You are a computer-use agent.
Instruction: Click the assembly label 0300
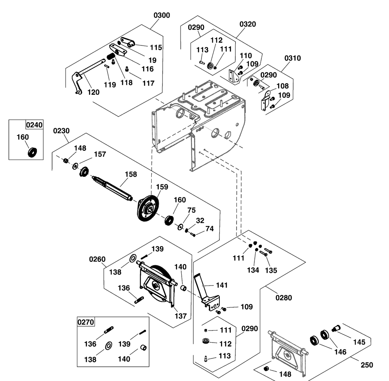(x=162, y=16)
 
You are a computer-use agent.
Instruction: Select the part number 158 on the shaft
(x=131, y=174)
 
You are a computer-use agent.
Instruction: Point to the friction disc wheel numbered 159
(x=147, y=209)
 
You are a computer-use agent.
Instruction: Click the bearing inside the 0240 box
(x=32, y=151)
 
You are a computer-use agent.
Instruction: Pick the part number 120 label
(x=93, y=92)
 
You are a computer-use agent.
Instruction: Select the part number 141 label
(x=221, y=285)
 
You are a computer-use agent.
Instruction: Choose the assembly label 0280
(x=283, y=298)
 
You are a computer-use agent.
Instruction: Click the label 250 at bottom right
(x=367, y=365)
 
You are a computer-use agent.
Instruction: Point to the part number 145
(x=359, y=342)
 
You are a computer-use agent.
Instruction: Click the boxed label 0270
(x=86, y=322)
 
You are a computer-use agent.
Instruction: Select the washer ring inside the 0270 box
(x=108, y=344)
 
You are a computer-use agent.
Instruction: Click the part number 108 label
(x=282, y=86)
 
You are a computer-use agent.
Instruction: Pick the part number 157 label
(x=100, y=155)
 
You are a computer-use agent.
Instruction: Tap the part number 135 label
(x=271, y=270)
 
